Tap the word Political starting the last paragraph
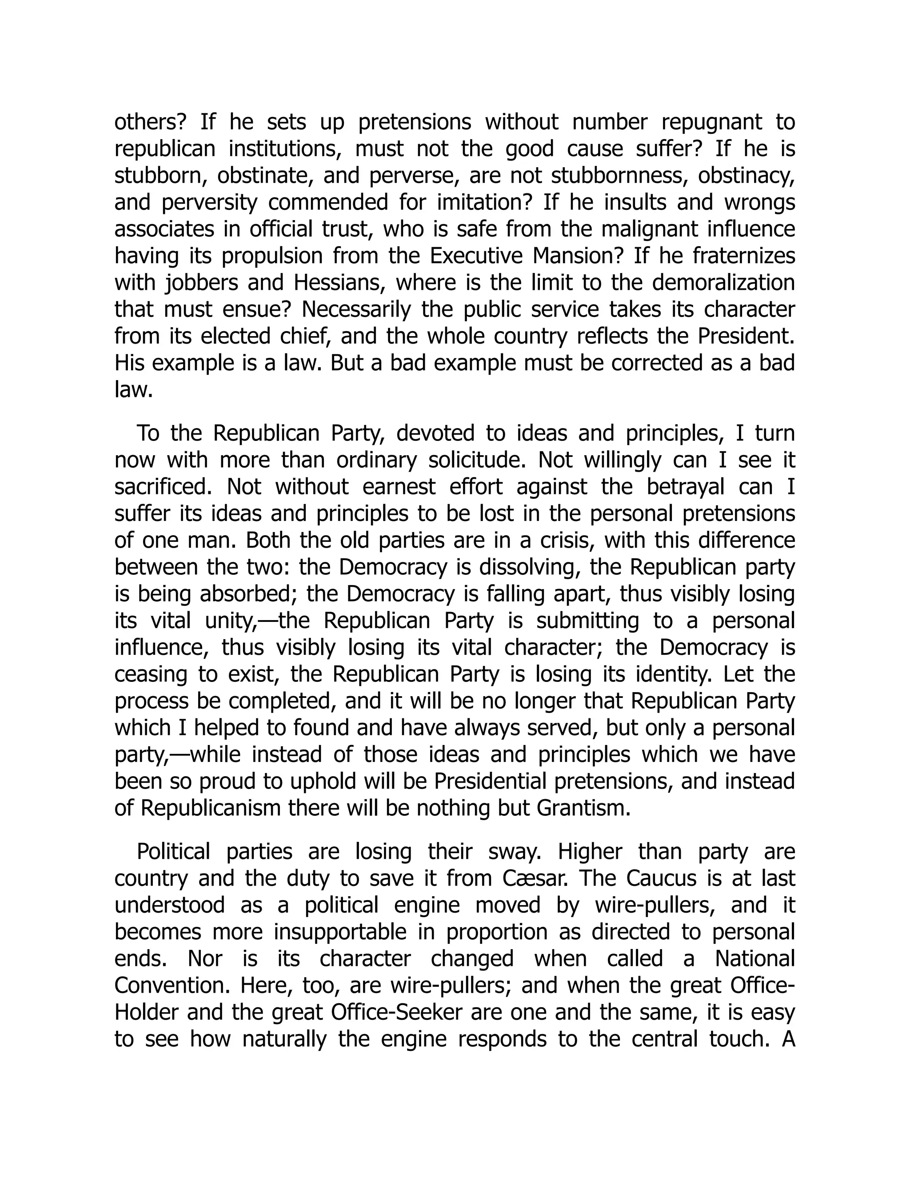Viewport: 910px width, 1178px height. (x=174, y=852)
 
